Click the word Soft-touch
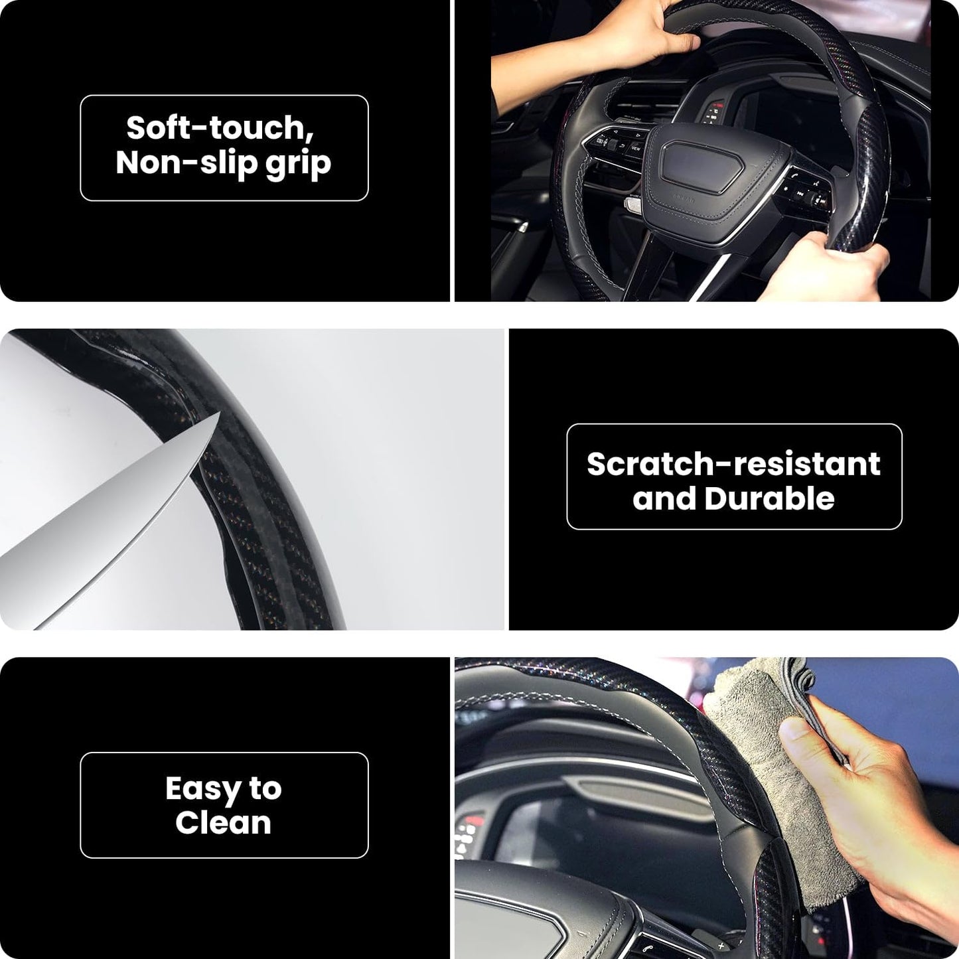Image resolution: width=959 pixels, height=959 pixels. [220, 127]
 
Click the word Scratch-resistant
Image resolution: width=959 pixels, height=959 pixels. [733, 464]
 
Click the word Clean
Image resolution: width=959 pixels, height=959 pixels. [223, 823]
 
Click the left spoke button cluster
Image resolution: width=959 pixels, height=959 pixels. [614, 143]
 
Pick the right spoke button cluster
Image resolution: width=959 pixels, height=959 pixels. [803, 192]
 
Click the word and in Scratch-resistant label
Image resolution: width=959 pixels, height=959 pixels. [664, 498]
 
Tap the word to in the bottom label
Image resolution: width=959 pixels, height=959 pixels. [265, 789]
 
